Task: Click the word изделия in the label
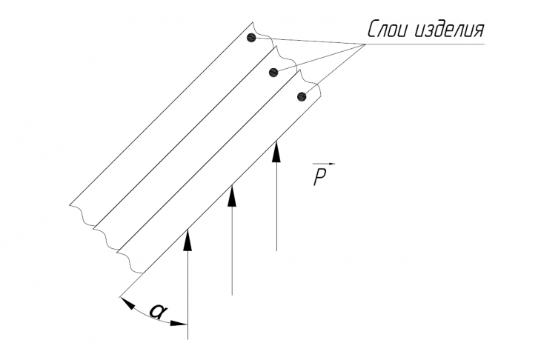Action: tap(449, 30)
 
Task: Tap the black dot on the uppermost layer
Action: tap(251, 38)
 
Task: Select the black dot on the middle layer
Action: tap(273, 72)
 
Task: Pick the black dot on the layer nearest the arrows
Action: tap(302, 96)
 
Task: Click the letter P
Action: tap(320, 177)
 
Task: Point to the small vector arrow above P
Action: tap(324, 164)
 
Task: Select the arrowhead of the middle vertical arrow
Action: tap(232, 196)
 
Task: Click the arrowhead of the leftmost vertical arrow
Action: tap(187, 240)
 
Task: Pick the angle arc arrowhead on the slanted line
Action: tap(127, 303)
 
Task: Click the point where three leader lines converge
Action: tap(365, 44)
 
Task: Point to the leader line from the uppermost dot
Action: tap(308, 41)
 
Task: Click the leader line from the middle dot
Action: tap(319, 59)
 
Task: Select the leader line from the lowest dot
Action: tap(333, 70)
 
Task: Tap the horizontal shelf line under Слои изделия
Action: tap(425, 44)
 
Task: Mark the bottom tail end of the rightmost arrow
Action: tap(276, 250)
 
